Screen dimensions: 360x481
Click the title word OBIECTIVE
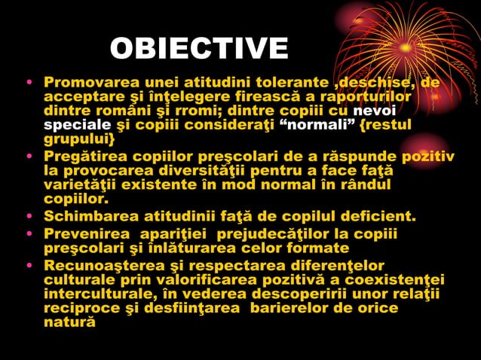click(x=199, y=49)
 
